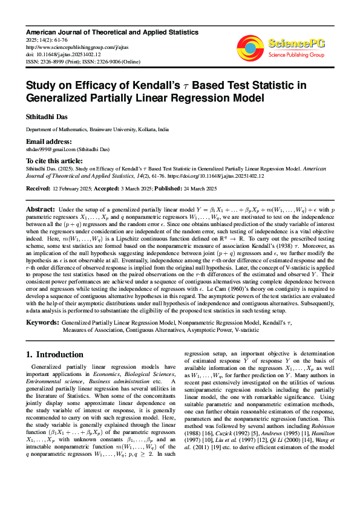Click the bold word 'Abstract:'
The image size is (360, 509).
coord(40,209)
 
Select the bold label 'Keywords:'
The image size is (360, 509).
coord(42,323)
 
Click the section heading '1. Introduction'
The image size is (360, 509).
coord(54,354)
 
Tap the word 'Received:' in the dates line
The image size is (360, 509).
coord(38,189)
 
